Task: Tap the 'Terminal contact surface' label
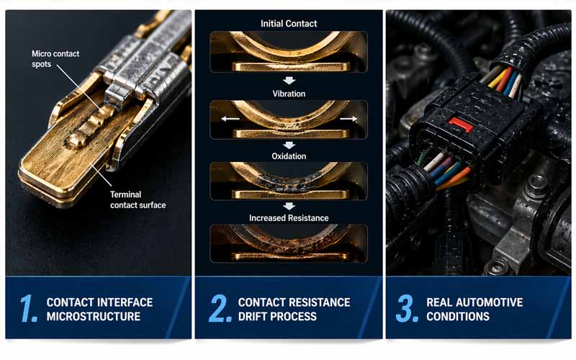(x=138, y=199)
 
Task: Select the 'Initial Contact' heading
(x=289, y=24)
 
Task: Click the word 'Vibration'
(x=289, y=94)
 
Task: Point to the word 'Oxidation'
(x=289, y=156)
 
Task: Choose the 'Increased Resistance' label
(x=289, y=217)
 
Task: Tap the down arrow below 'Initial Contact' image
(x=289, y=81)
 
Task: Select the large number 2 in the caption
(x=220, y=308)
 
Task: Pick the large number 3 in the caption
(x=407, y=308)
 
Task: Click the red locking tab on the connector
(x=460, y=125)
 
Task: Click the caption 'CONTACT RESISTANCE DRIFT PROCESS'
(x=294, y=309)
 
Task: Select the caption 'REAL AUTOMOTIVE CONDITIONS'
(x=474, y=309)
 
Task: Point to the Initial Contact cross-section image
(x=289, y=51)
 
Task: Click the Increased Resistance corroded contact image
(x=289, y=243)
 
